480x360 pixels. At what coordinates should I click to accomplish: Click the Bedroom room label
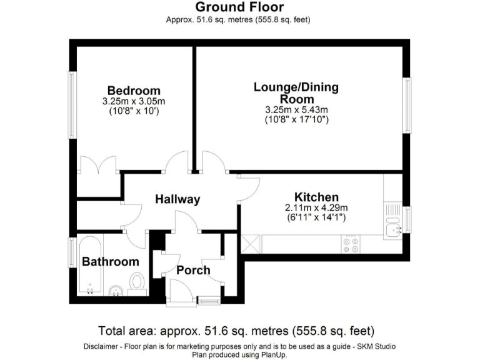click(134, 91)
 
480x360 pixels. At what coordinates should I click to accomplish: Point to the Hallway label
click(177, 199)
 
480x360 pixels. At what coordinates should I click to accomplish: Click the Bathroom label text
click(110, 261)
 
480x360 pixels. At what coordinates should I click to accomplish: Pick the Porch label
click(193, 270)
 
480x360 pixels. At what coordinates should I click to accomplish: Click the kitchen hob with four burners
click(351, 244)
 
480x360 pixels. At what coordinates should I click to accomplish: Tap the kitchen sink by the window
click(393, 231)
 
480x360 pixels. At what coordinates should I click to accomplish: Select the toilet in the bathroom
click(137, 285)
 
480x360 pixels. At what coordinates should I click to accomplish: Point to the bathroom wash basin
click(115, 289)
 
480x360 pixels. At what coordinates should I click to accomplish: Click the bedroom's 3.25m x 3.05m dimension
click(134, 102)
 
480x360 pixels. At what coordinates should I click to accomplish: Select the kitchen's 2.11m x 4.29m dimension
click(316, 208)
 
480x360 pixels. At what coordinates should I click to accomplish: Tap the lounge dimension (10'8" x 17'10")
click(296, 119)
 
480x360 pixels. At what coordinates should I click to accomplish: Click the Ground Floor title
click(239, 7)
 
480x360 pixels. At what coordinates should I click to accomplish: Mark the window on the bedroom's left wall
click(72, 104)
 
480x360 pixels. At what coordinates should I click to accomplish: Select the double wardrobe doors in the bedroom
click(98, 166)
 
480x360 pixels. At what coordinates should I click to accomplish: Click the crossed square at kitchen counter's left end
click(250, 243)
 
